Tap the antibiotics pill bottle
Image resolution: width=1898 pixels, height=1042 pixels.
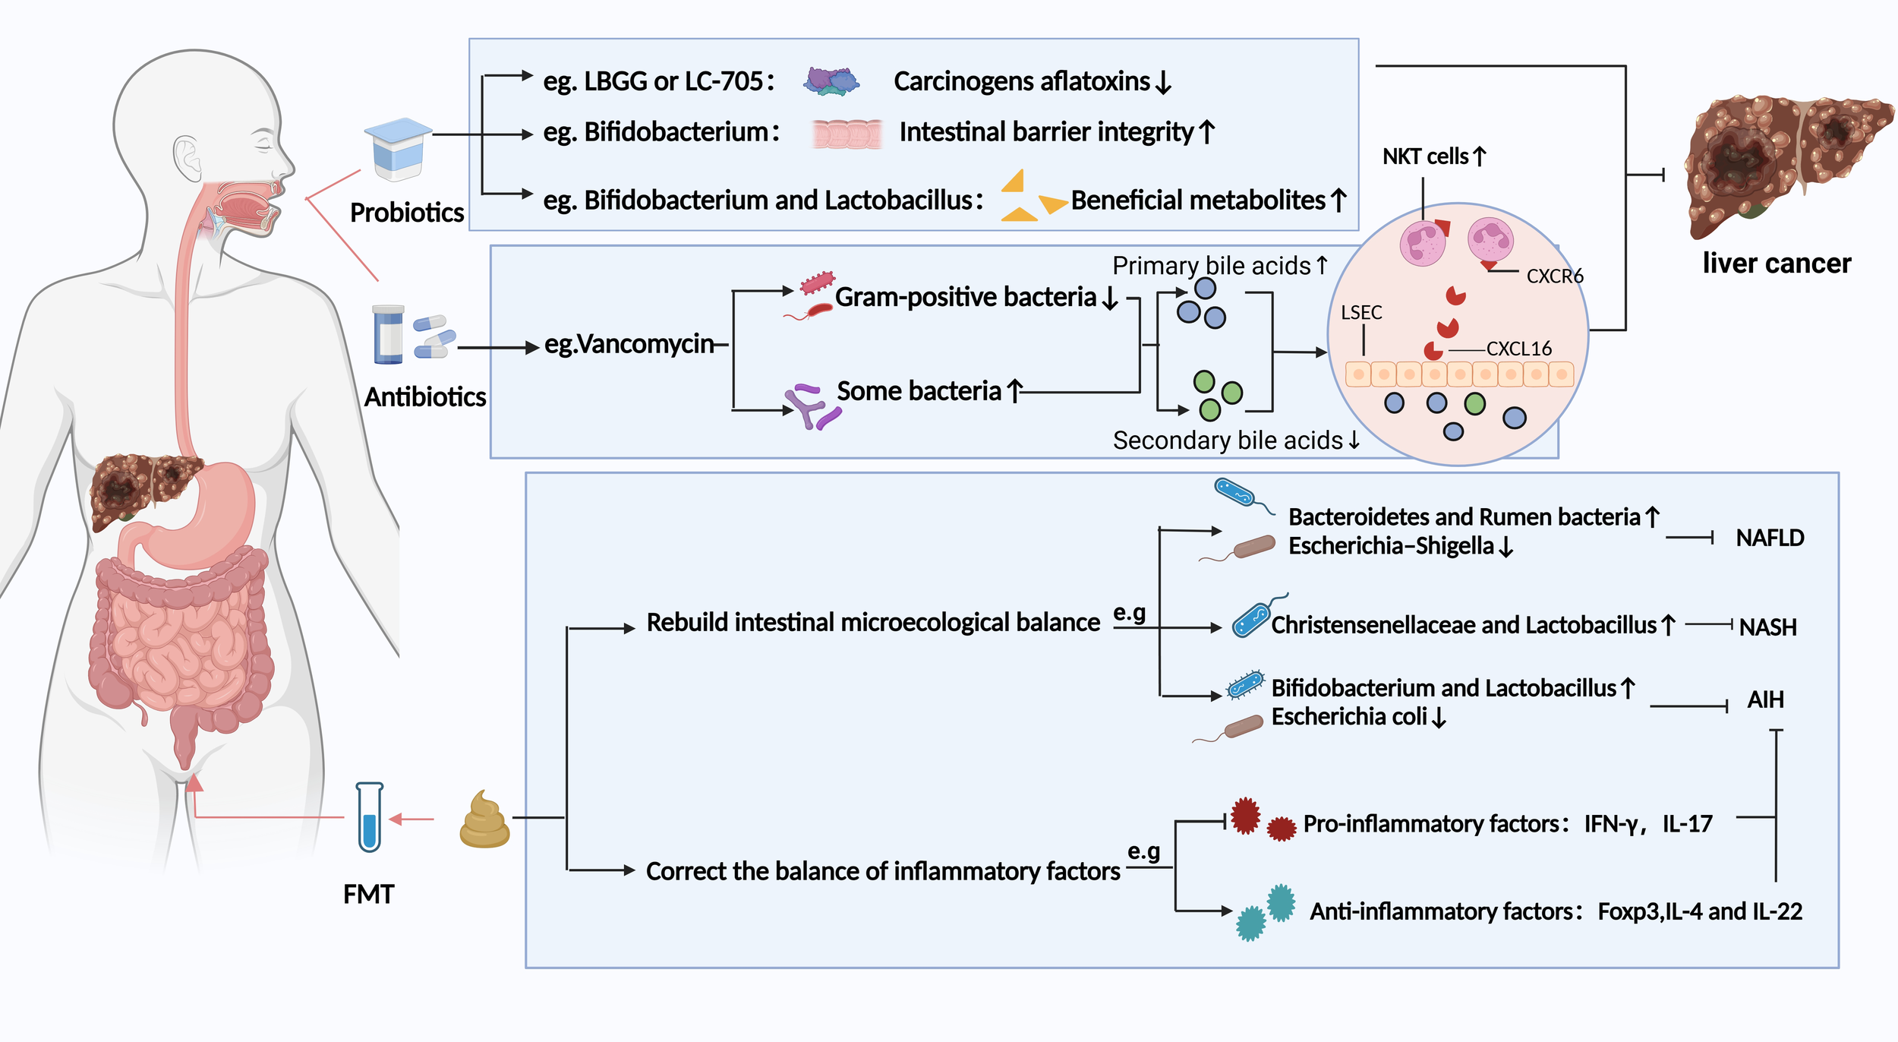(389, 335)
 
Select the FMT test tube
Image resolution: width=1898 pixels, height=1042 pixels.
(370, 817)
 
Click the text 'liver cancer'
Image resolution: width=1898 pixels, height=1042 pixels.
(1777, 264)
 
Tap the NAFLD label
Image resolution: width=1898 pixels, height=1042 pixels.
(1770, 538)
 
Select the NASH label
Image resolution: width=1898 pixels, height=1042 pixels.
(1767, 627)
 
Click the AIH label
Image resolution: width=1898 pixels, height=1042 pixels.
(1765, 699)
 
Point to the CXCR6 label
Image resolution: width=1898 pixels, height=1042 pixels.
(1554, 276)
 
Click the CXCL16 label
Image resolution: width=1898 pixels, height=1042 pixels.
(1518, 349)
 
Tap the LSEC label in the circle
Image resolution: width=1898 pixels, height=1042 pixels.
(1361, 313)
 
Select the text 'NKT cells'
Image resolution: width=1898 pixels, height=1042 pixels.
(1426, 156)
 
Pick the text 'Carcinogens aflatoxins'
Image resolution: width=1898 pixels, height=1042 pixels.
(1022, 81)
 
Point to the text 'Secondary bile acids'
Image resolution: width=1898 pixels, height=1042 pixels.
(1228, 440)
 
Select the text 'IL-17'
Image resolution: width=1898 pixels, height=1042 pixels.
(1687, 824)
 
